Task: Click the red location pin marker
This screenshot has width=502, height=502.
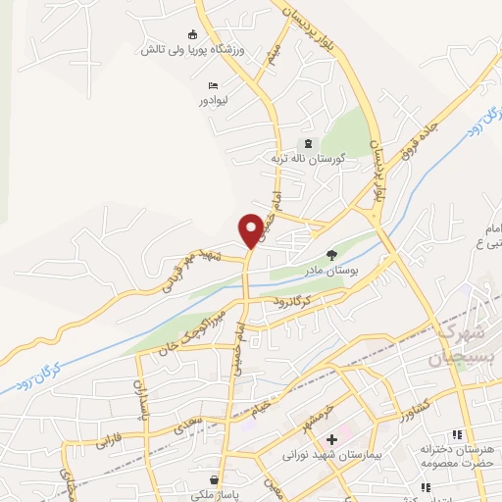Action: (x=252, y=228)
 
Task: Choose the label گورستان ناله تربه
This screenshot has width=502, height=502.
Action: (x=303, y=159)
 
